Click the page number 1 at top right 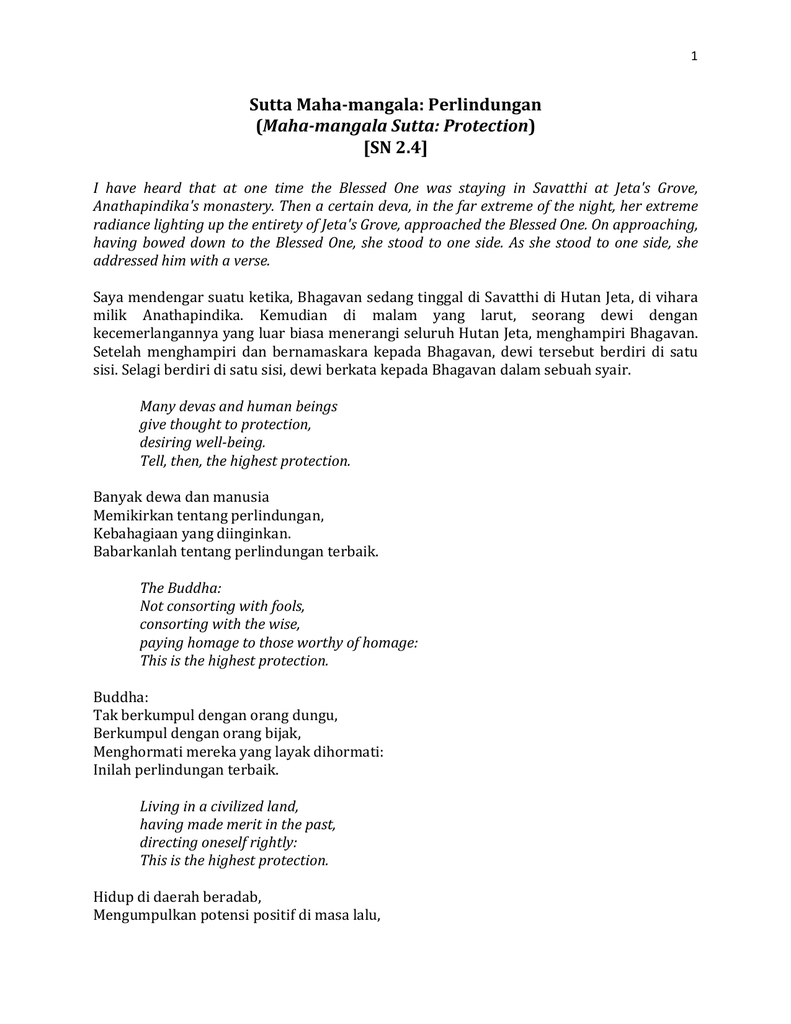694,56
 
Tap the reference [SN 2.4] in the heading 395,148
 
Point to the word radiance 122,224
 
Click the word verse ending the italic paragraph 250,261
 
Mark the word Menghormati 139,751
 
